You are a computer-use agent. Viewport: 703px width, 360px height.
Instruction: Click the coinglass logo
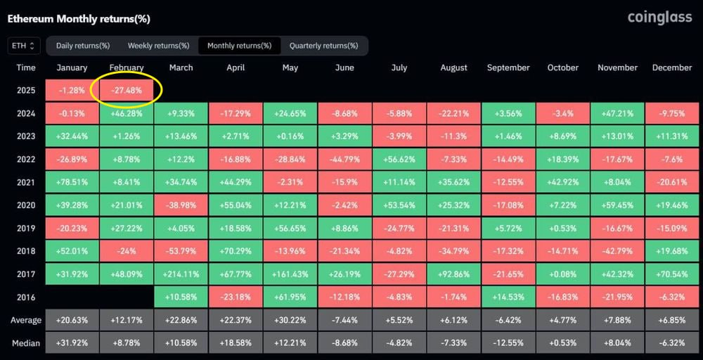tap(659, 18)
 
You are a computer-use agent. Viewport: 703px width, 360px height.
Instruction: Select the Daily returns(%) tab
tap(82, 46)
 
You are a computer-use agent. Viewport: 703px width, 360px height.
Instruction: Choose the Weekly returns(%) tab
tap(158, 46)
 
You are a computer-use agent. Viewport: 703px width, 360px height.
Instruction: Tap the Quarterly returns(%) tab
tap(323, 46)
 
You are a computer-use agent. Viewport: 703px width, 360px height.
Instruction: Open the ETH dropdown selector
tap(23, 46)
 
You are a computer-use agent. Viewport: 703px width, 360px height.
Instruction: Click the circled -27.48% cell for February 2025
tap(127, 90)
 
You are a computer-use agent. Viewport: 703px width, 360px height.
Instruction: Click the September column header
tap(508, 67)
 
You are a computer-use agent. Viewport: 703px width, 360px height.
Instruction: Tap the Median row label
tap(26, 344)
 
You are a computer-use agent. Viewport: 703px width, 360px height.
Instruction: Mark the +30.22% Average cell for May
tap(290, 321)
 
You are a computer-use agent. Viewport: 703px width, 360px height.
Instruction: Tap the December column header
tap(672, 67)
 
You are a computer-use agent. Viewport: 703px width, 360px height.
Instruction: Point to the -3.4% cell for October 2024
tap(562, 113)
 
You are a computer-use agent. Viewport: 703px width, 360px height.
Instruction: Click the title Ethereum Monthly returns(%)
tap(79, 18)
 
